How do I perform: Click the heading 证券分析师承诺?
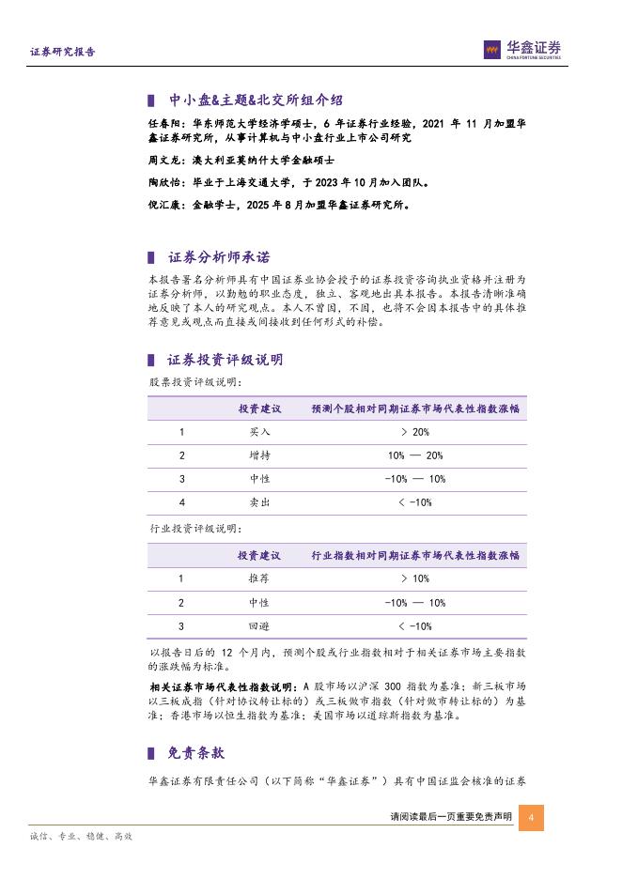click(223, 257)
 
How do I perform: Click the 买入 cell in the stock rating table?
click(259, 431)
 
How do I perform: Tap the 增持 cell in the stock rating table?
click(259, 455)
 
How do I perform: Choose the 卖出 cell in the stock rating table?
click(259, 502)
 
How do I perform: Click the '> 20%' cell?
click(414, 431)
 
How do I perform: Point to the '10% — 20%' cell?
click(414, 455)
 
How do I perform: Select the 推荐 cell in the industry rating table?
click(259, 578)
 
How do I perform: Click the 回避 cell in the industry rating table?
click(259, 626)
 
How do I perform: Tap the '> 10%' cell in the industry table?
click(414, 578)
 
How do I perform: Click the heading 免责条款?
click(195, 753)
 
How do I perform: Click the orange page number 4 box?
click(532, 817)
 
